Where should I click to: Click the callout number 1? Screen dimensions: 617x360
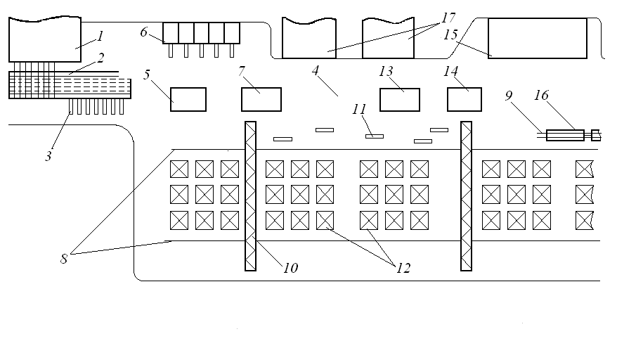[100, 37]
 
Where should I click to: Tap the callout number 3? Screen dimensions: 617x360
[48, 156]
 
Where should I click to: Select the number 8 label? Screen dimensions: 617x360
[64, 259]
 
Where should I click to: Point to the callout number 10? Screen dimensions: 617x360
[290, 268]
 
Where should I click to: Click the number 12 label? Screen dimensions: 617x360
[403, 268]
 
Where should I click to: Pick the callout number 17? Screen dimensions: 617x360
[448, 18]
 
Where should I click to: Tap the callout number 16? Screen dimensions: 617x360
[541, 95]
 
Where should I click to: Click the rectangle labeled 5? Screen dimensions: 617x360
[188, 99]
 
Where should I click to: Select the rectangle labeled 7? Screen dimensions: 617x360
[261, 99]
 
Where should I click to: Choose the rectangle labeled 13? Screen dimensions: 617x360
[400, 99]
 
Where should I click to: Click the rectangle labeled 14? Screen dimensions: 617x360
[465, 99]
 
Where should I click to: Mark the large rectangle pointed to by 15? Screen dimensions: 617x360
[538, 38]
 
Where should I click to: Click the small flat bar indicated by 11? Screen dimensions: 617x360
[375, 136]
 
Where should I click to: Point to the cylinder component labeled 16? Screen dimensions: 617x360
[565, 135]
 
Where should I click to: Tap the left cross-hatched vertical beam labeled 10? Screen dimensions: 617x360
[251, 196]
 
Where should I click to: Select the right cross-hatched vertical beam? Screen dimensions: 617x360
[467, 196]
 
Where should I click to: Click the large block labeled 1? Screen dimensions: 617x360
[45, 39]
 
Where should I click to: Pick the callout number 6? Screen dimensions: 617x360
[143, 32]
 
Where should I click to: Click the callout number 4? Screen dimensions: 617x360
[316, 70]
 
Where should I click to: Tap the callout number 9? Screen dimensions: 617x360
[509, 96]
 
